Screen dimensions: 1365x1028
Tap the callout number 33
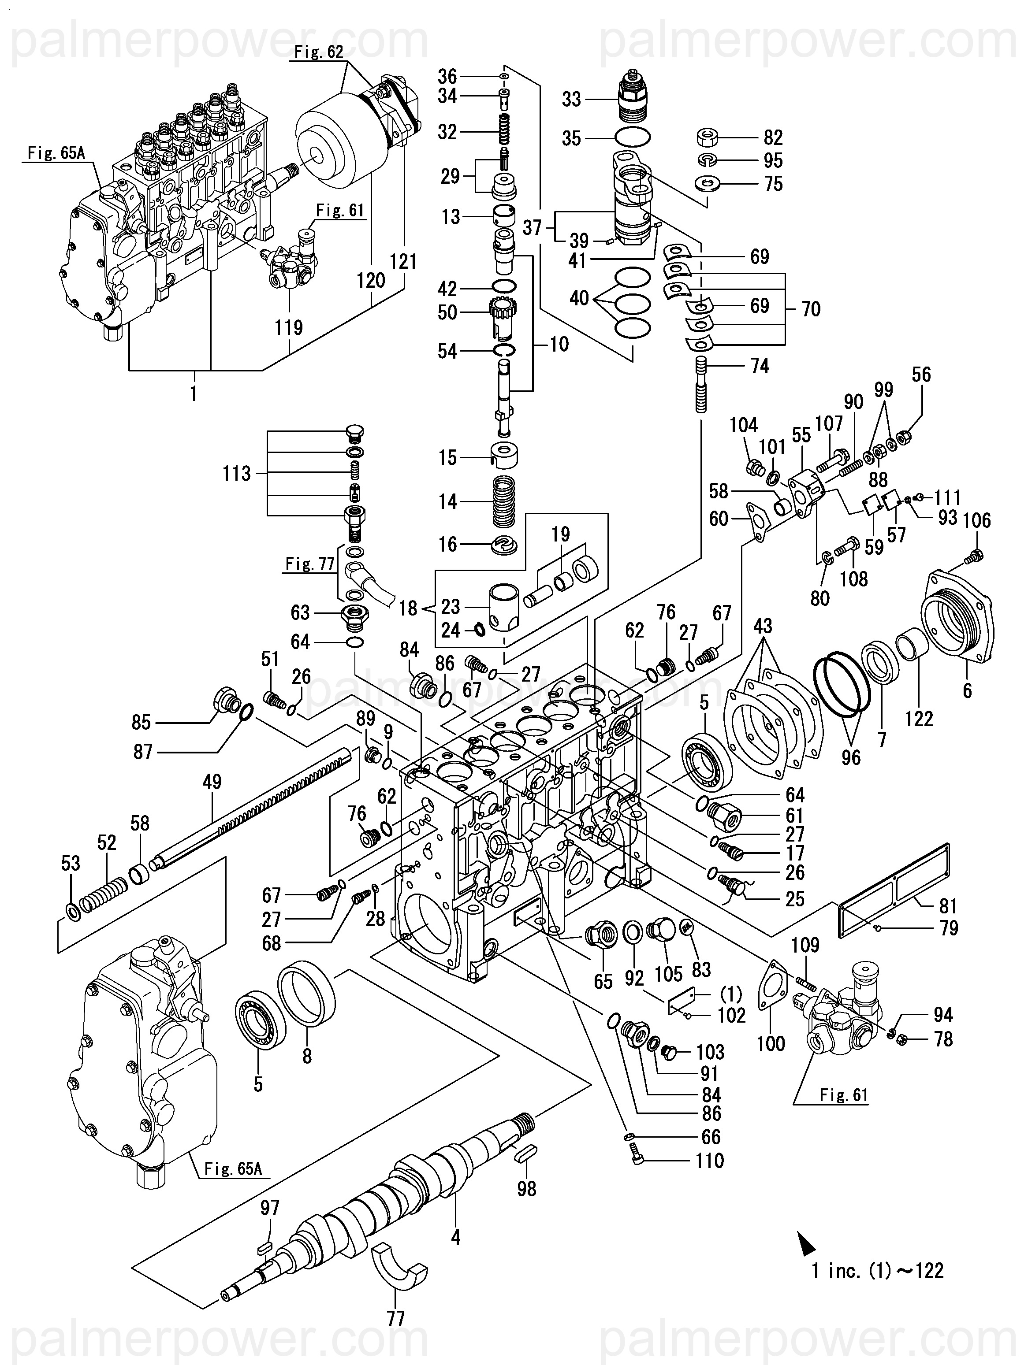572,99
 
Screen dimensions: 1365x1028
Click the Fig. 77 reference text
309,564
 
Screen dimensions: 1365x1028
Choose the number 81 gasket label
948,906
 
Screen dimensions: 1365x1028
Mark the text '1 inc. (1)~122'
877,1271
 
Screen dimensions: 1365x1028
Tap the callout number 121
404,262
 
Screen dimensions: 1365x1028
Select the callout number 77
396,1319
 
